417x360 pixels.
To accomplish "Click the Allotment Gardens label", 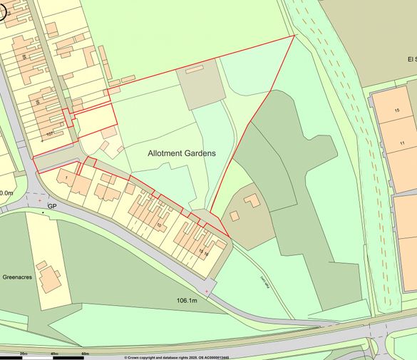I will pos(182,153).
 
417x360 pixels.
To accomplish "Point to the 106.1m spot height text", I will pos(191,301).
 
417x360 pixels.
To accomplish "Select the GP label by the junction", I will pos(52,206).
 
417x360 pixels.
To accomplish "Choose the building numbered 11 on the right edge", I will pos(402,144).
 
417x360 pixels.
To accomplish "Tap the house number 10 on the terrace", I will pos(159,225).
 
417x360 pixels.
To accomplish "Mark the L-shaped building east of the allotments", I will pos(252,200).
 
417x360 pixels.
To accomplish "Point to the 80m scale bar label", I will pos(85,354).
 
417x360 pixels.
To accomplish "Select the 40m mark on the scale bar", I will pos(54,354).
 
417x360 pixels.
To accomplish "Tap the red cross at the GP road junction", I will pos(39,200).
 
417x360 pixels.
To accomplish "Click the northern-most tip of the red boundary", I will pos(294,35).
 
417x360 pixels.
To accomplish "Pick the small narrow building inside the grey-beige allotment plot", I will pos(195,68).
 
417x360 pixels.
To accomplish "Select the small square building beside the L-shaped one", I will pos(235,216).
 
